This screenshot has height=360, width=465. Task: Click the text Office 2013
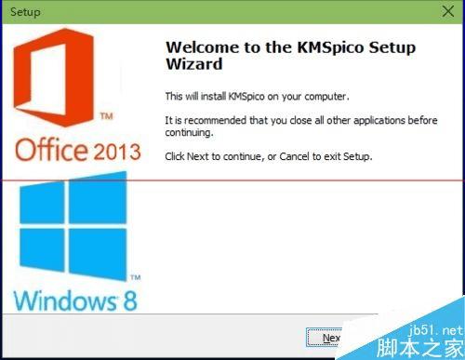[77, 151]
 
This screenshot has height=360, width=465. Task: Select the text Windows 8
[77, 300]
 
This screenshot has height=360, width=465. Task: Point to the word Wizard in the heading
[193, 66]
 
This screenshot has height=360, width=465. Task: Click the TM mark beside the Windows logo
[135, 277]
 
